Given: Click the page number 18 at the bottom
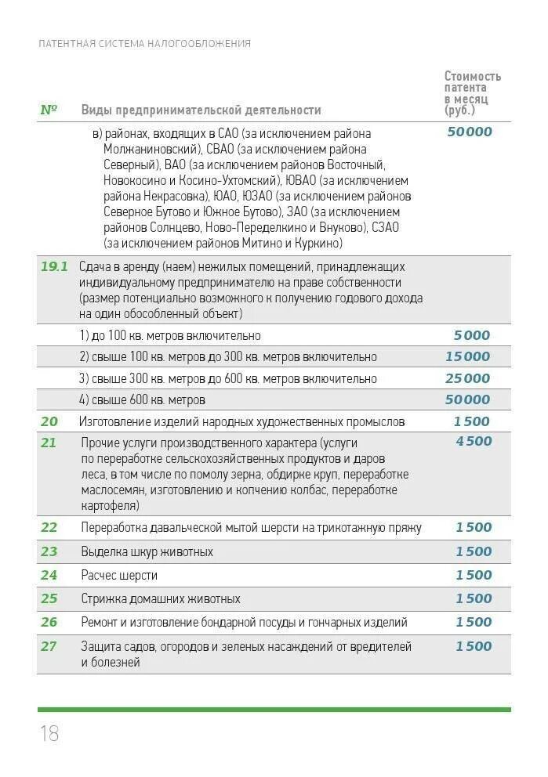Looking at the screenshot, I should pos(49,733).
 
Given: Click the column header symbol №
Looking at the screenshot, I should pos(49,110).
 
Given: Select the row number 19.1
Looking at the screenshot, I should pos(54,266).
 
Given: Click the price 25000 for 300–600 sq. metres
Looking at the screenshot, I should pos(467,378).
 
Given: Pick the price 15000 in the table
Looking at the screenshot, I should pos(467,356).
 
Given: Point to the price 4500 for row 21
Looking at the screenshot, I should pos(474,441).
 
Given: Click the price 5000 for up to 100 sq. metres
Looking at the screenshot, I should pos(471,335).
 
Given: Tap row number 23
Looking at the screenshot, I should pos(49,551).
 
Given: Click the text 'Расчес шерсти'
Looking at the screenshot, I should pos(119,575).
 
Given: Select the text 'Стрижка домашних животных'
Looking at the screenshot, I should pos(160,598).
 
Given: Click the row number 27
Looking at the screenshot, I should pos(49,646).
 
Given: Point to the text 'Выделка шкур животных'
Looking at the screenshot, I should pos(147,551).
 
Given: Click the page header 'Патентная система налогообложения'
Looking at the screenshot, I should pos(144,44).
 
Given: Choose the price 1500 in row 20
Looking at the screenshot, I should pos(471,421).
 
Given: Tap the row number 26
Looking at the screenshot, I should pos(49,622).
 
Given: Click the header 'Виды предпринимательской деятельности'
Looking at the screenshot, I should pos(201,110).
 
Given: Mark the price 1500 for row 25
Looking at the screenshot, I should pos(474,598).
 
